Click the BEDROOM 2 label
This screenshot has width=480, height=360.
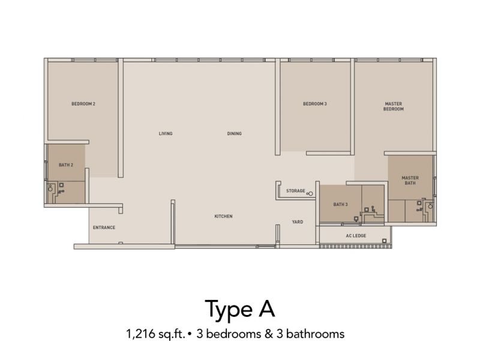[x=83, y=104]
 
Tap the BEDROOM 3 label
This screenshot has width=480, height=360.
[x=314, y=104]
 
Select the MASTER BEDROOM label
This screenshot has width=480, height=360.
[x=394, y=107]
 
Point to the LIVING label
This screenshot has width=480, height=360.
[x=166, y=134]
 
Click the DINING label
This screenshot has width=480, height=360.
[x=235, y=134]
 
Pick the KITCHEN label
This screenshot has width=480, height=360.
[x=223, y=216]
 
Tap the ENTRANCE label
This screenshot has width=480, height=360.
[x=104, y=227]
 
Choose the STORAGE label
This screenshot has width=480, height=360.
[x=296, y=191]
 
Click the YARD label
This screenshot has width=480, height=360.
[x=297, y=222]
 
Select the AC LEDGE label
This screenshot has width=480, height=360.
[x=356, y=236]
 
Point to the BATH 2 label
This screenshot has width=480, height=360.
[x=66, y=164]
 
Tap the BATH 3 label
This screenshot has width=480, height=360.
[x=340, y=205]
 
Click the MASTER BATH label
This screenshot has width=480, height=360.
[x=410, y=181]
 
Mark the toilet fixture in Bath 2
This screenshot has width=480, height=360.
[x=52, y=190]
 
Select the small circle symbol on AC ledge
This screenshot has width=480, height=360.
[x=383, y=241]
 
